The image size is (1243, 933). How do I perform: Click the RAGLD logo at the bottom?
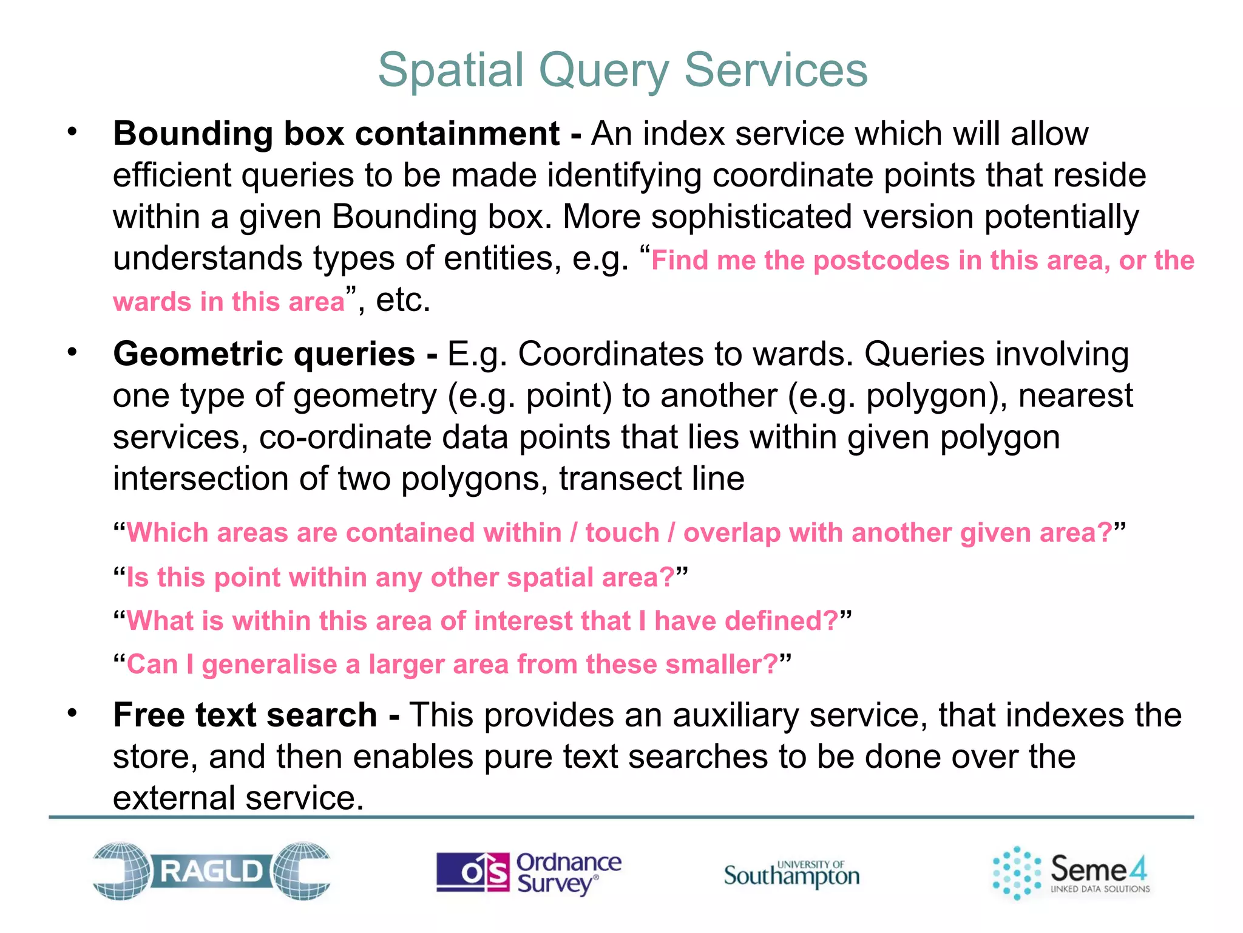211,871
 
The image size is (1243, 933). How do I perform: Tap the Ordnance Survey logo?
529,872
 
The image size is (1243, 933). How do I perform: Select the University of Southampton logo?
791,873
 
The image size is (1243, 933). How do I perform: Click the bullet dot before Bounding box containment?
73,132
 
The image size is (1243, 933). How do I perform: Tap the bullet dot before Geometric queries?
73,352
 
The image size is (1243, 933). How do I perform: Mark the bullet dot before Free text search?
73,713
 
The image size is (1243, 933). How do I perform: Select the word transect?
620,479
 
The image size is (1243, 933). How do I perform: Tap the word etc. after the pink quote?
402,300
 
